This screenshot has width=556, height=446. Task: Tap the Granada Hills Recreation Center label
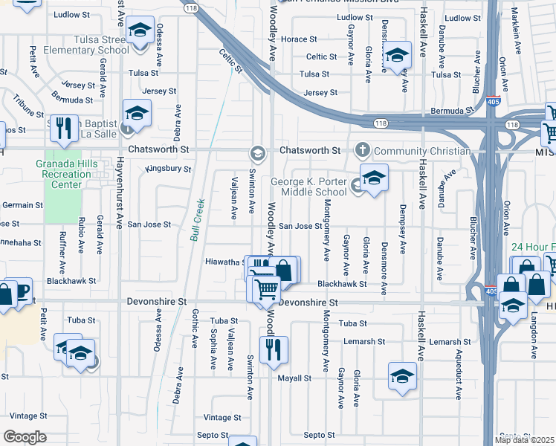tap(66, 174)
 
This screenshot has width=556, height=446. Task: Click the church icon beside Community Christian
tap(363, 150)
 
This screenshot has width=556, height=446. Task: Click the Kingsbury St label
tap(168, 169)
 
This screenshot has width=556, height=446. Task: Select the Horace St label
tap(299, 39)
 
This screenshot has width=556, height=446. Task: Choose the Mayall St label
tap(294, 378)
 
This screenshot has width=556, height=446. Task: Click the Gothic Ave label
tap(195, 329)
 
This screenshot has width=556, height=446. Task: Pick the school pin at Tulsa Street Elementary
tap(138, 33)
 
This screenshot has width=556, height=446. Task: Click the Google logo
tap(25, 437)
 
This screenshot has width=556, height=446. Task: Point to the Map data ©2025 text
tap(524, 440)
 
